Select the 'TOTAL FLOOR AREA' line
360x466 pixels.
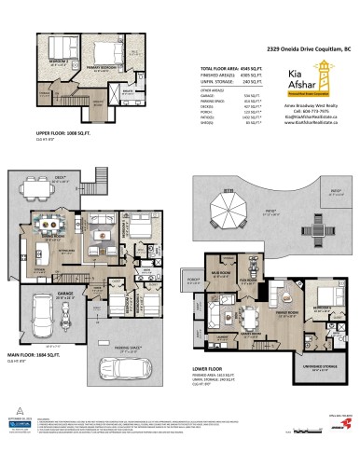coord(226,69)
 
